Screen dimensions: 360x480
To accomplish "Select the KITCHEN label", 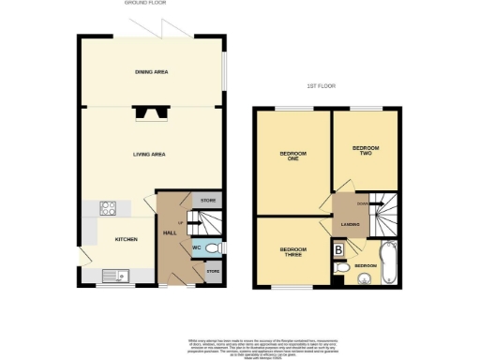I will coord(127,239).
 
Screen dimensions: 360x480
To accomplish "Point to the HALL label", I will coord(171,232).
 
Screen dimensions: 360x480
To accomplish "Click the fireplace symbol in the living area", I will coord(149,114).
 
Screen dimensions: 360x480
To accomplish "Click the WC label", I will coord(198,248).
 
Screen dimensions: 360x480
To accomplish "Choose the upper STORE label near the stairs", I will coord(207,201).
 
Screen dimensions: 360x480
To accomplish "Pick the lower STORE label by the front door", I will coord(212,272).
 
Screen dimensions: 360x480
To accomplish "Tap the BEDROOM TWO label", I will coord(365,151).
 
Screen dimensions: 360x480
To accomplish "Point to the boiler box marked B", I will coord(338,249).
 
